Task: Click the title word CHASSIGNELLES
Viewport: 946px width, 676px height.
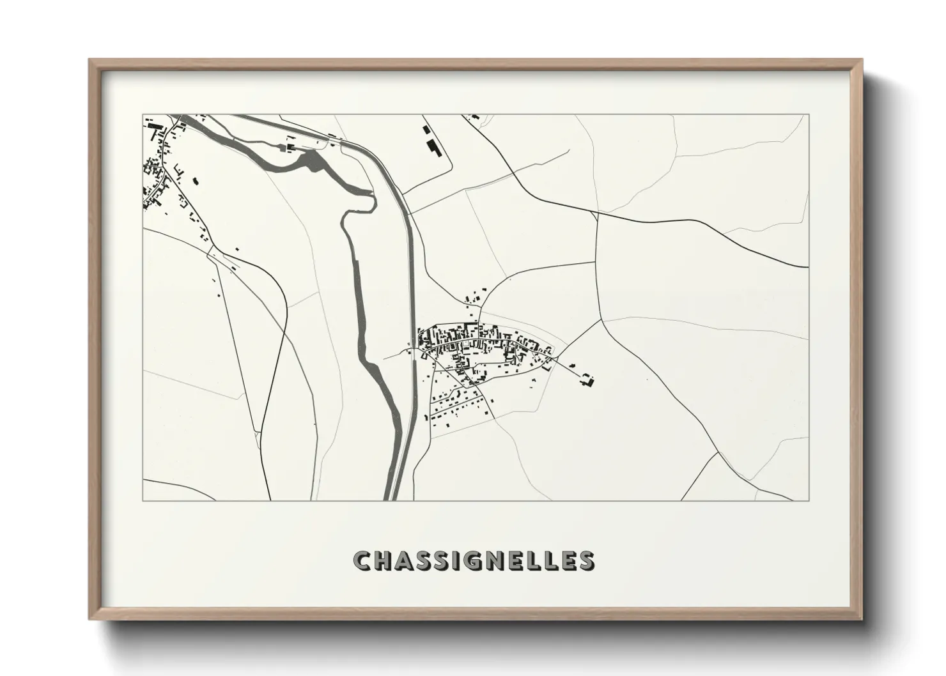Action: [x=474, y=560]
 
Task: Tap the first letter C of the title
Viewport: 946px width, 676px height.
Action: [x=362, y=560]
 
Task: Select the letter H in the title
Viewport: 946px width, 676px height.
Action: [x=384, y=560]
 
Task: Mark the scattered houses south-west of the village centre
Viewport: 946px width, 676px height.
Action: [x=454, y=403]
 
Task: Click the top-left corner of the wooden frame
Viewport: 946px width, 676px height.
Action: [x=91, y=61]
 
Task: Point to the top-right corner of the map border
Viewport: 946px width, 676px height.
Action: [x=809, y=115]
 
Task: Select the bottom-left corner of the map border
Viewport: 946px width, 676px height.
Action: [x=143, y=500]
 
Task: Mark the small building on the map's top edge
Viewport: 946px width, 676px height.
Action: [x=474, y=117]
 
